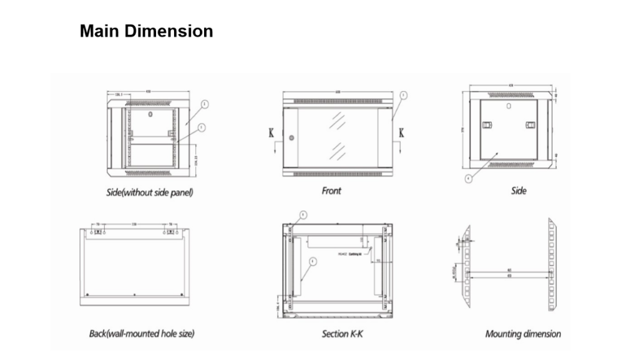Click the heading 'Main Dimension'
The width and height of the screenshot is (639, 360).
tap(146, 31)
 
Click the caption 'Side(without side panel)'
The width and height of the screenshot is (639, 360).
tap(149, 192)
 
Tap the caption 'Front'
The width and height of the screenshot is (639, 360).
tap(331, 190)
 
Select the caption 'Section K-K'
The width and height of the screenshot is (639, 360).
tap(342, 334)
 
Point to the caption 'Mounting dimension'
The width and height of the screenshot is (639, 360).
tap(523, 334)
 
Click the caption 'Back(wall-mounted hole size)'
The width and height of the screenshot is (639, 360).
tap(142, 334)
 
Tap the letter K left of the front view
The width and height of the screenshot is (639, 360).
tap(271, 133)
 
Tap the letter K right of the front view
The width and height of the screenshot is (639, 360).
tap(401, 132)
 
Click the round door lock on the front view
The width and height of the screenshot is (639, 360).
tap(290, 137)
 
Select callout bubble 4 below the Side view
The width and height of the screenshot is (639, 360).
tap(468, 177)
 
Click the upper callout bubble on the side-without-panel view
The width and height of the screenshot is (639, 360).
tap(205, 104)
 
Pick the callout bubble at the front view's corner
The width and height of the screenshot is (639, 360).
tap(404, 95)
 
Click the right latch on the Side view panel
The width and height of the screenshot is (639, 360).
tap(530, 125)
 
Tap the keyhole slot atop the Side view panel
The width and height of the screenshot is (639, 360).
tap(509, 106)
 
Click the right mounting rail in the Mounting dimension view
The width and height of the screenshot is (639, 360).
tap(552, 265)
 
